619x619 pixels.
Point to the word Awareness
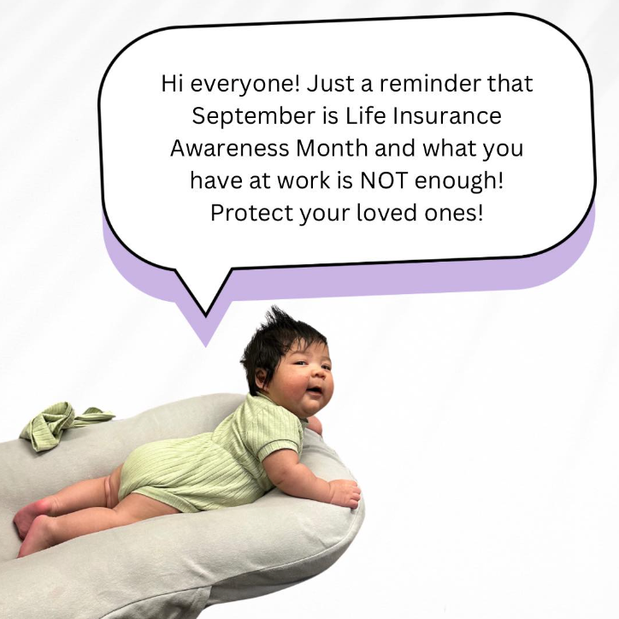229,149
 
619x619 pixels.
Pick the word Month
332,149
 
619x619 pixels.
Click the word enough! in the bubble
459,181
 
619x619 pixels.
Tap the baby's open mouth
315,392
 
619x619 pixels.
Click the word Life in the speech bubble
365,116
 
